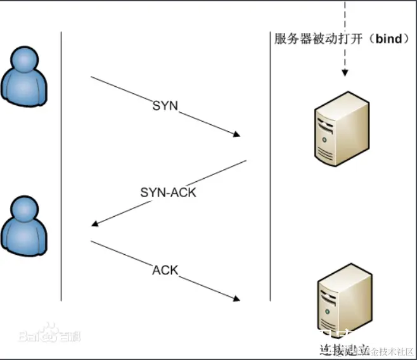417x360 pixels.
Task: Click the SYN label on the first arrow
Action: pos(165,105)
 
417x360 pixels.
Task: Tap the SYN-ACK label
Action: pos(168,192)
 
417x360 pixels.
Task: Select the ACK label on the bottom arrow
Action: pos(165,271)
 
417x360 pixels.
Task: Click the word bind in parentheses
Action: pos(388,39)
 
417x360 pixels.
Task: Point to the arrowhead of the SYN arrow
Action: pos(237,134)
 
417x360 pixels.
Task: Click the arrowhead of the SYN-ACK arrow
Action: pos(95,224)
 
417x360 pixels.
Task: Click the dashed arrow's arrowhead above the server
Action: pos(345,73)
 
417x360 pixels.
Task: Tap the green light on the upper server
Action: pos(324,139)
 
